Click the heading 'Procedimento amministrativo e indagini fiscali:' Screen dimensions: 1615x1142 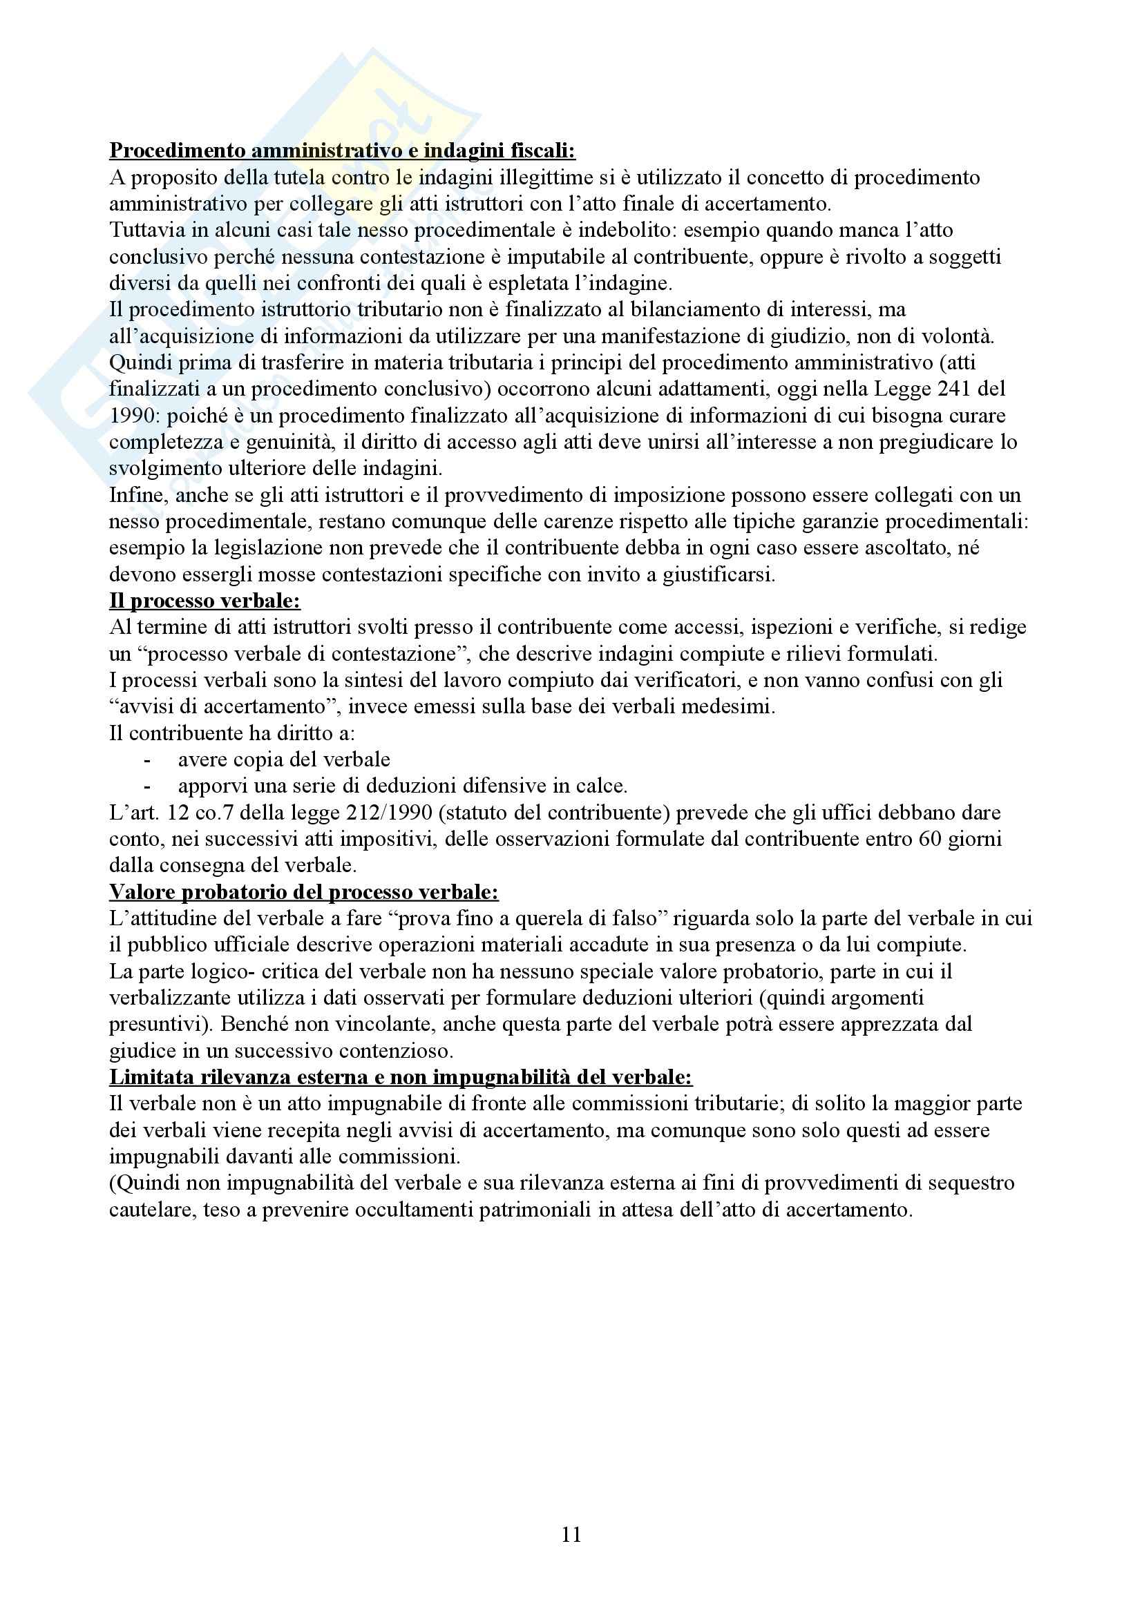pyautogui.click(x=342, y=151)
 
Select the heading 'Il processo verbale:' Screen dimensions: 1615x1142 pyautogui.click(x=204, y=601)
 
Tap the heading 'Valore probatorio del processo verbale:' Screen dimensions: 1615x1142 pyautogui.click(x=303, y=892)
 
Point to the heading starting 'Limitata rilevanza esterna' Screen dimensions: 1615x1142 pyautogui.click(x=401, y=1077)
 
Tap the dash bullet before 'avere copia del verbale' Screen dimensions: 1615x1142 pyautogui.click(x=147, y=760)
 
